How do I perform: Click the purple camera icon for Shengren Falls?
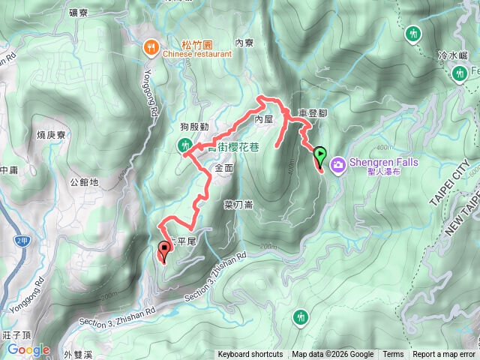coord(338,164)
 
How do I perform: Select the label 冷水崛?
coord(452,55)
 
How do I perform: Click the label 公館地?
coord(83,181)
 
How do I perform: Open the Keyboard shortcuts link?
coord(250,355)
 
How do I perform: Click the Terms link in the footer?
coord(393,355)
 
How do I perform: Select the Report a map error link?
coord(445,355)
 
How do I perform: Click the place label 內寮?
coord(245,43)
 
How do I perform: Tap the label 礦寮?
coord(78,12)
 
